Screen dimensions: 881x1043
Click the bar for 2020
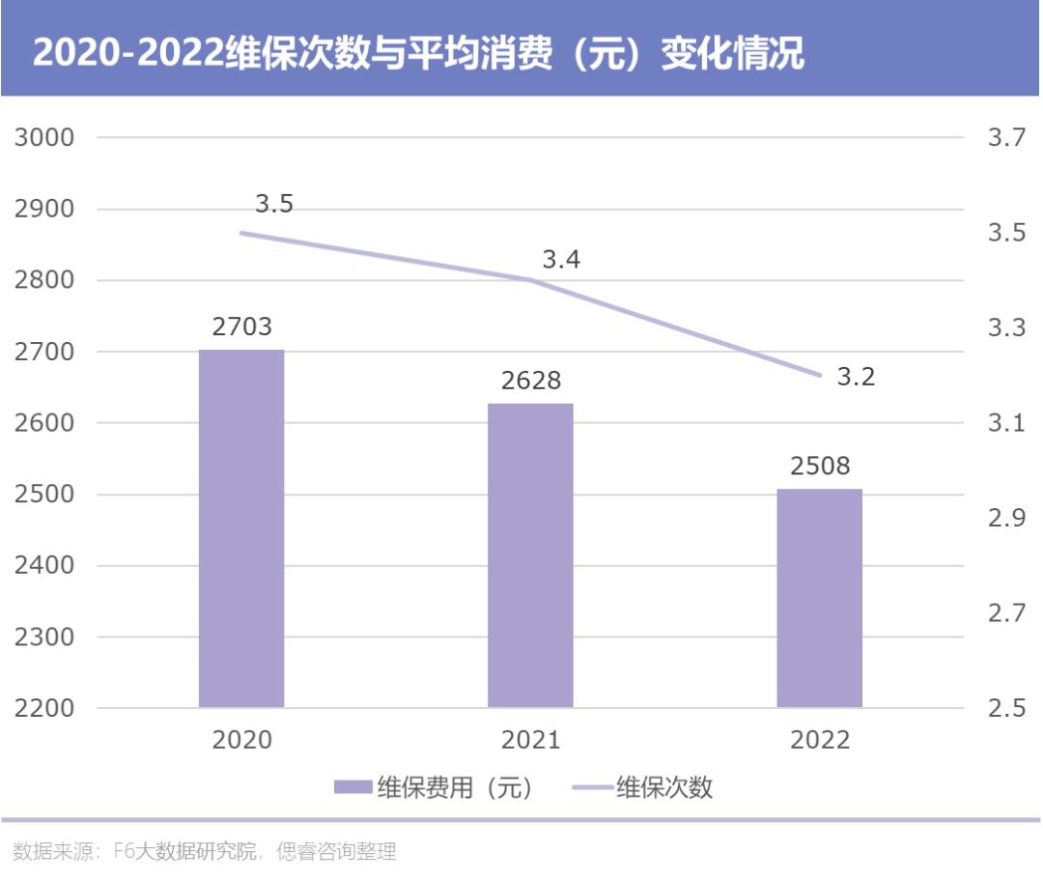pos(241,528)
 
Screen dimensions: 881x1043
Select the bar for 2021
pos(530,555)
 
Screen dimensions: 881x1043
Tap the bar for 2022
pos(819,598)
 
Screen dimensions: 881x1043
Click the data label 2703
pos(241,327)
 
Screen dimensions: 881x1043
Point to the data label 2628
pos(530,381)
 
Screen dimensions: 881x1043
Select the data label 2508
pos(819,467)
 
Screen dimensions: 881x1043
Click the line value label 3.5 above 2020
pos(274,205)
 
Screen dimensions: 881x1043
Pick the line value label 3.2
pos(856,377)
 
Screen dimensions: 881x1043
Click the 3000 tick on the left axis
pos(44,138)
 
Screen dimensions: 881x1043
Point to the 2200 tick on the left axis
pos(44,708)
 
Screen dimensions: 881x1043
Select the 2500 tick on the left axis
pos(44,495)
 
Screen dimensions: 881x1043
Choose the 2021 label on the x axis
pos(530,741)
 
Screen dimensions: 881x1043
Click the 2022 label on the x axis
pos(819,741)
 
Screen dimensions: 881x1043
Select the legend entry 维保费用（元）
pos(434,787)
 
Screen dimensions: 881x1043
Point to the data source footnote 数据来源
pos(205,852)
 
